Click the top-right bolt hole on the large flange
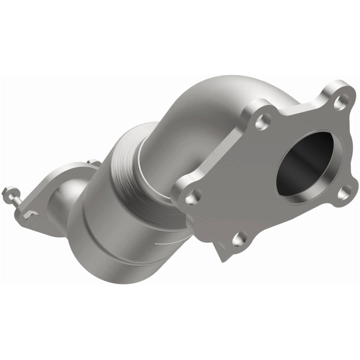[338, 100]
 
